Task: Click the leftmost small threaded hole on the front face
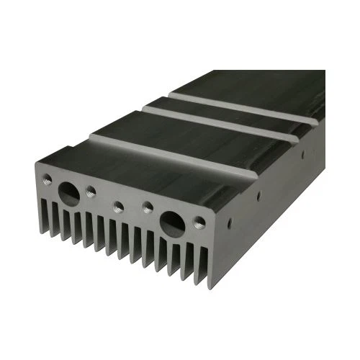48,178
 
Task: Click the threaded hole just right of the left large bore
91,191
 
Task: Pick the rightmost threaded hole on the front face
199,222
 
